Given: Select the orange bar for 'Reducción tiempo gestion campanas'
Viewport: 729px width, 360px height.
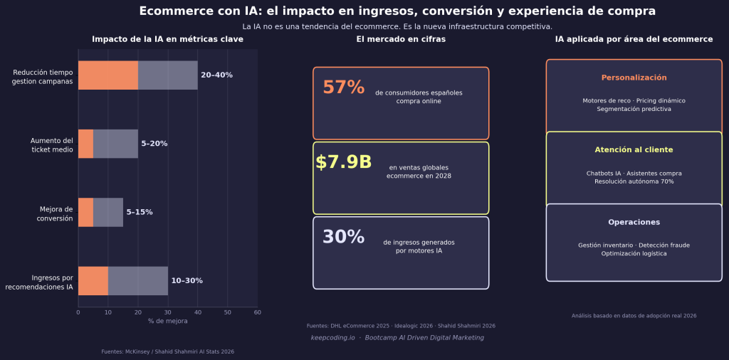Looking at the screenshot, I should pos(107,75).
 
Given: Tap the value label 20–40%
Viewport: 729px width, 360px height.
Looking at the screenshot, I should pos(216,75).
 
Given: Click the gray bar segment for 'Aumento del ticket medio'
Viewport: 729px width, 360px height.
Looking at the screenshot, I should pos(115,144).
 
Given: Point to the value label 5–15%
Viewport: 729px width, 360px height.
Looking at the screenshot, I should pos(140,213).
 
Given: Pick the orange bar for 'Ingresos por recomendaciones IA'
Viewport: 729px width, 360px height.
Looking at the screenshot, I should pos(93,281).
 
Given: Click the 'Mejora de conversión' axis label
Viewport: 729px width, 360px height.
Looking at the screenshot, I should pos(56,214).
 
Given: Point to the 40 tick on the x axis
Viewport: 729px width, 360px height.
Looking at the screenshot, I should pos(197,312).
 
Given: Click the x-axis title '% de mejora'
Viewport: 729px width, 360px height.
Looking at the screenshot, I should pos(167,322).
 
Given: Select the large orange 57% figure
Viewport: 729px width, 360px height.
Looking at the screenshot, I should pos(343,88).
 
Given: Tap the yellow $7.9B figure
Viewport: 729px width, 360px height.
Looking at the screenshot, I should pos(343,163).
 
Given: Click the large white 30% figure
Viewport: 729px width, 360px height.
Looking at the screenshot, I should pos(343,238).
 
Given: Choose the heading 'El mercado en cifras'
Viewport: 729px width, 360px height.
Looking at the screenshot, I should pos(401,40).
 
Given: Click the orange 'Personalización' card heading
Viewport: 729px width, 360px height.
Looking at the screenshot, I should pos(634,78).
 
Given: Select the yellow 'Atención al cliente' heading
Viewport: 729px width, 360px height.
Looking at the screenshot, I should pos(634,150).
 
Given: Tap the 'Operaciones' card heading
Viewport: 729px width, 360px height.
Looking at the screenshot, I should pos(634,223).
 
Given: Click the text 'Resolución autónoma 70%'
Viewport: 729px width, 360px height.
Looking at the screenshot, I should pos(634,182).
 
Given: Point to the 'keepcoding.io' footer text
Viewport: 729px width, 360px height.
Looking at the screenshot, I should pos(332,338).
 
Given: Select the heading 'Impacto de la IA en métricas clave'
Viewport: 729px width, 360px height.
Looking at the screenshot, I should pos(167,40).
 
